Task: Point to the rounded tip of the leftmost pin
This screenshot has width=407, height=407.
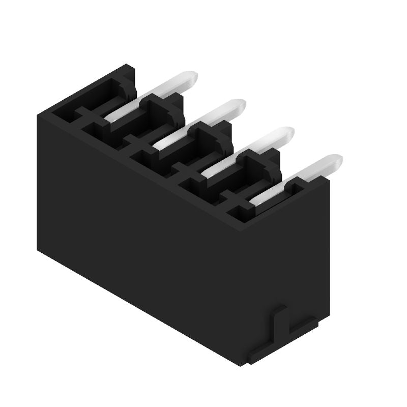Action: pyautogui.click(x=189, y=78)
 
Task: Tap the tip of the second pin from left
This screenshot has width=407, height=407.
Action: pyautogui.click(x=238, y=106)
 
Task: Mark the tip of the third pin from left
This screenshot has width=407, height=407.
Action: pyautogui.click(x=286, y=134)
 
